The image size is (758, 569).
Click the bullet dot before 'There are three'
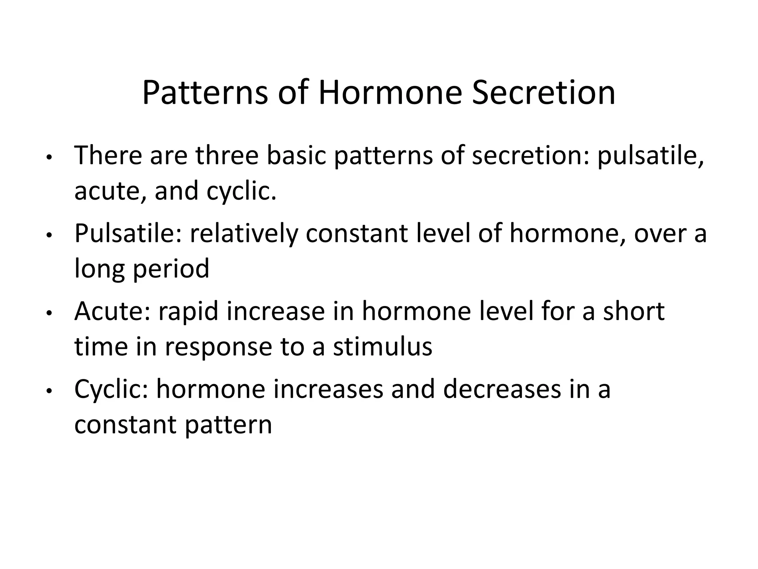point(48,157)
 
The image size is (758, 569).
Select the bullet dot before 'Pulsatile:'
point(48,236)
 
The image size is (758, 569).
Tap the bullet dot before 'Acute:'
point(48,314)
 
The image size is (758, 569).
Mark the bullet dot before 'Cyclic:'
point(48,392)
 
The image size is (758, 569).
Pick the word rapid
point(189,311)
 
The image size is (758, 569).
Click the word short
point(634,311)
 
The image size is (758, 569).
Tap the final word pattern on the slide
point(228,425)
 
